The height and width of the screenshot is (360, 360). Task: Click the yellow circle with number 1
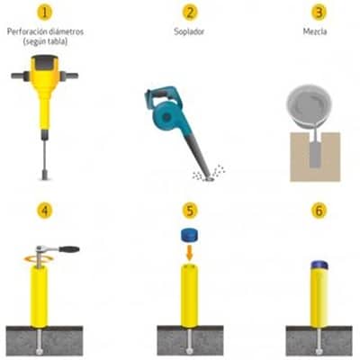click(x=45, y=13)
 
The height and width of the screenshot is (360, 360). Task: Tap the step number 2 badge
click(x=190, y=13)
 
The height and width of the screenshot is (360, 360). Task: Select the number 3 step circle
click(x=319, y=13)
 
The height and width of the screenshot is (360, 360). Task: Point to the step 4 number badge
click(x=45, y=211)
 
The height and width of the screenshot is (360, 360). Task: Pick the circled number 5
click(x=190, y=211)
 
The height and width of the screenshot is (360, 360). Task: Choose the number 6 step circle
click(x=319, y=211)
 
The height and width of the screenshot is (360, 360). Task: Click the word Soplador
click(x=189, y=31)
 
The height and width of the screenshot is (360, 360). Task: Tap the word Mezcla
click(x=315, y=31)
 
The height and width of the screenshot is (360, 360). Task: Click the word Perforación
click(x=27, y=31)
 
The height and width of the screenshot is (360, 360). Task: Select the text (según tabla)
click(x=45, y=41)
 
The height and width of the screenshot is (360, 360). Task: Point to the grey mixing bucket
click(x=309, y=105)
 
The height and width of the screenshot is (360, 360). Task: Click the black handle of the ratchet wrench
click(x=69, y=249)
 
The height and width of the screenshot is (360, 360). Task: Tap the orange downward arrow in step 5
click(x=189, y=253)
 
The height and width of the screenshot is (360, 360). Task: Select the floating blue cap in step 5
click(x=190, y=235)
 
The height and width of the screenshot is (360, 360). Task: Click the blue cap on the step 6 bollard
click(x=319, y=265)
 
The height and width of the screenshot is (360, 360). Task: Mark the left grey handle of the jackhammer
click(x=21, y=76)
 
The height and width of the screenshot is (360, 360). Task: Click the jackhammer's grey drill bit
click(x=45, y=160)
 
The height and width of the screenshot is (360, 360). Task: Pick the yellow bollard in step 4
click(x=39, y=296)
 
